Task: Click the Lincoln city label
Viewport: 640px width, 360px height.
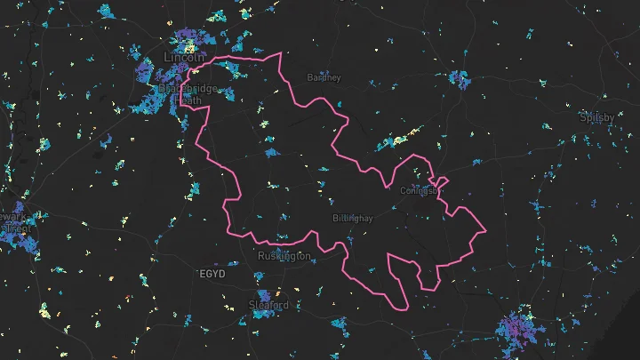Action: (x=183, y=57)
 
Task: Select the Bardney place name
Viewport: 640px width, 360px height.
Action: (x=324, y=77)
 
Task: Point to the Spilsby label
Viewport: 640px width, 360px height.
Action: (x=596, y=116)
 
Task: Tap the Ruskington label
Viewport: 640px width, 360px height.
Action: (x=284, y=256)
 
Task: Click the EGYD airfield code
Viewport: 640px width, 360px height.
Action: (x=212, y=273)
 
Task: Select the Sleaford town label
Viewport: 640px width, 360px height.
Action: (x=268, y=305)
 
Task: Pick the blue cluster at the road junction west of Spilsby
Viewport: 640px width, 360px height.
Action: (x=459, y=78)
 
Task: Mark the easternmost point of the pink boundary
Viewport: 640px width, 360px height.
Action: (x=487, y=230)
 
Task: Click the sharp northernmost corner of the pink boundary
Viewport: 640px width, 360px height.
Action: (x=281, y=52)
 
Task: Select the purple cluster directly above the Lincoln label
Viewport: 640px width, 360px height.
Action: (x=188, y=40)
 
